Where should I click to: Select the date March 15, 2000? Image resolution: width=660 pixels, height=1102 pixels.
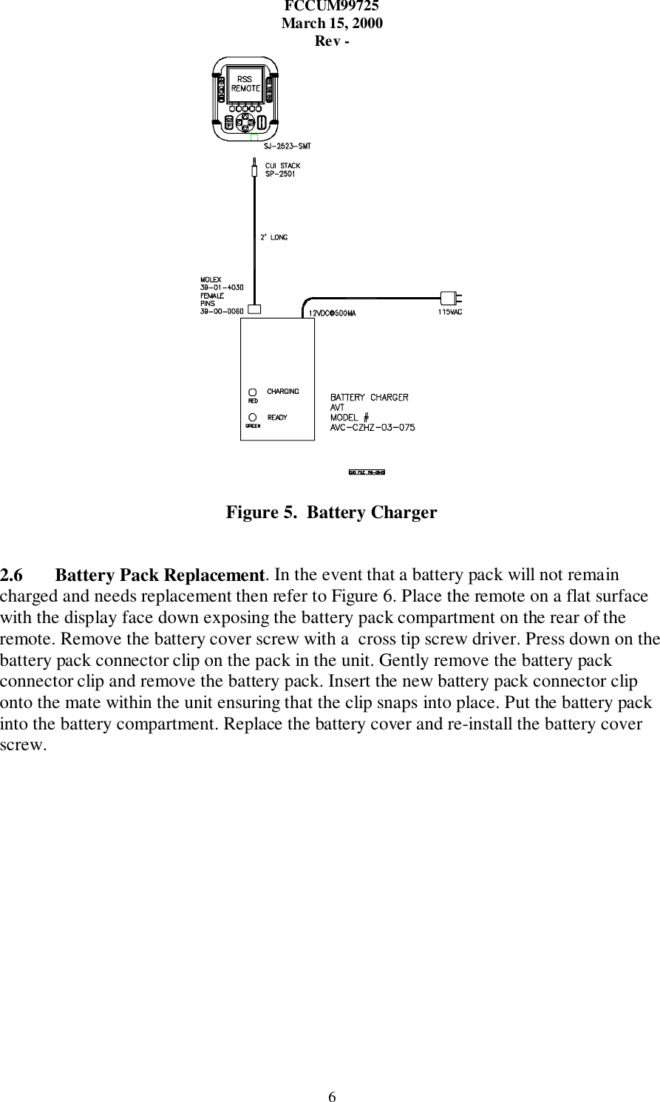click(x=332, y=23)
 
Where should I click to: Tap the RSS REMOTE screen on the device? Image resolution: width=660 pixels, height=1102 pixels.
click(x=245, y=84)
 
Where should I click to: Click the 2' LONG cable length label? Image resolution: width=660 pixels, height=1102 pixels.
click(x=273, y=237)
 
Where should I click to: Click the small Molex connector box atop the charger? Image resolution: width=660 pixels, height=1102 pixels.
click(x=254, y=309)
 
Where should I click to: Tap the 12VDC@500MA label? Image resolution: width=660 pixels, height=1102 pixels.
click(x=332, y=313)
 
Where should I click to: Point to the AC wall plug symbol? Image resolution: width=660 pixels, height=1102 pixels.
click(x=450, y=298)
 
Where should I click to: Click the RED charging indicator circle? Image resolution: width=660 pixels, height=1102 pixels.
click(x=252, y=392)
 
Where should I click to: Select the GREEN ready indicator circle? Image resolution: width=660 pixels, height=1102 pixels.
click(x=253, y=418)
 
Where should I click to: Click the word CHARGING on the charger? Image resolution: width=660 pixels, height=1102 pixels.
click(x=283, y=391)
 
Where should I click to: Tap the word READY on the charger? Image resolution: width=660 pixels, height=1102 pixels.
click(x=277, y=418)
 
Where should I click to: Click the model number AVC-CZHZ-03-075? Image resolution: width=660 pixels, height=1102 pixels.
click(x=372, y=427)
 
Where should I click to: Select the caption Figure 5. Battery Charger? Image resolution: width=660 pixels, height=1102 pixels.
click(x=331, y=512)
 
